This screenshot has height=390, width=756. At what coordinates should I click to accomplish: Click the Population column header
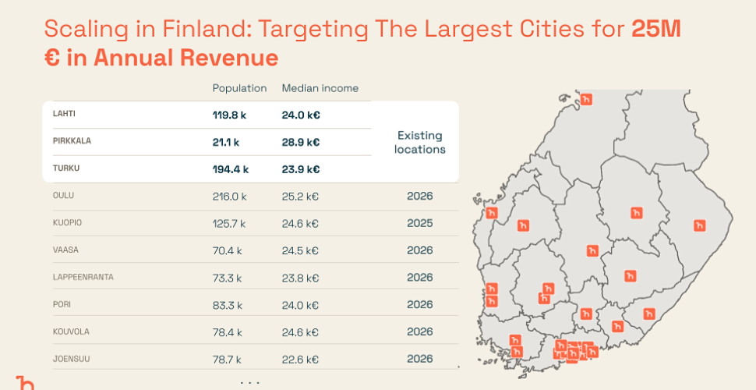(239, 88)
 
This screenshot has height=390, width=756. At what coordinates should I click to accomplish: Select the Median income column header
(320, 88)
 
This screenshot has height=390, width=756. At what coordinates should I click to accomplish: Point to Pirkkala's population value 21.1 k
(226, 142)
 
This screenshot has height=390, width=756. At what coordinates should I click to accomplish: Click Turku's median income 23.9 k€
(300, 168)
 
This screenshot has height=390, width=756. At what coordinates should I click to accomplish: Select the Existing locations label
(419, 142)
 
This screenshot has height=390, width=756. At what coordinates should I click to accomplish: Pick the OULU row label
(63, 195)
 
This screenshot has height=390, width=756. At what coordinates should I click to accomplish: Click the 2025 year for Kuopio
(419, 223)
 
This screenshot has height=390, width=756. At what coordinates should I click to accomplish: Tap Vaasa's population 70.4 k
(227, 250)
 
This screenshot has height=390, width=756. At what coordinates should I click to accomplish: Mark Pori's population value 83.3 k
(227, 305)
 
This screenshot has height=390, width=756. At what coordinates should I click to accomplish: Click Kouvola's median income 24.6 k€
(300, 332)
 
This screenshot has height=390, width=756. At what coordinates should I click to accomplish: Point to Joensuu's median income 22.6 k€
(300, 360)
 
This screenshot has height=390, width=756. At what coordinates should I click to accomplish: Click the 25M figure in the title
(656, 30)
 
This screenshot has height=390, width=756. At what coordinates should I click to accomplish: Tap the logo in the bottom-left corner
(25, 382)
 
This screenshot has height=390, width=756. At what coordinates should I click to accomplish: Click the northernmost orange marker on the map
(586, 99)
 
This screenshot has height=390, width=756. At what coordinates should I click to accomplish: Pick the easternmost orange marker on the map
(699, 225)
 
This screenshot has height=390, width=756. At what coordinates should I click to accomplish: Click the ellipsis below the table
(250, 382)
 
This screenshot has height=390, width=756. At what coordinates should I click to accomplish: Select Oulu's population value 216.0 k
(229, 196)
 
